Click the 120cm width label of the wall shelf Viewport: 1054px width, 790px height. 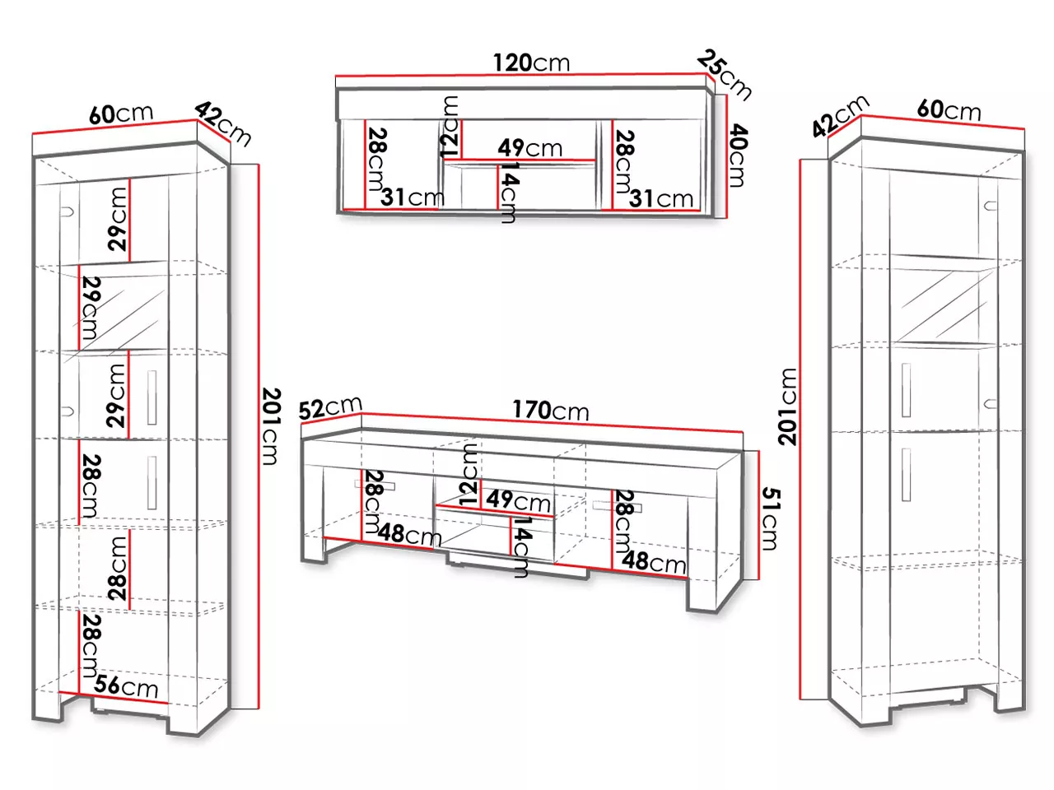tap(532, 63)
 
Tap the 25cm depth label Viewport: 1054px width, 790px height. tap(724, 76)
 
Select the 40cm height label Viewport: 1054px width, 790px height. tap(738, 155)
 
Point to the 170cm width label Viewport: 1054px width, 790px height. tap(550, 411)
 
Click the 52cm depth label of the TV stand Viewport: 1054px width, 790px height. tap(330, 408)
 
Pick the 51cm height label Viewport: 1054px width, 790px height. tap(770, 518)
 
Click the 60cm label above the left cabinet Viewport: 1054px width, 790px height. tap(121, 114)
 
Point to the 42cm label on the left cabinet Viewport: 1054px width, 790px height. tap(223, 125)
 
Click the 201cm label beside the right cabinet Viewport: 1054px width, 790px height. tap(788, 407)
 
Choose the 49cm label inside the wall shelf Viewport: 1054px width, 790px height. tap(529, 148)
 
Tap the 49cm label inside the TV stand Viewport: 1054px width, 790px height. tap(518, 501)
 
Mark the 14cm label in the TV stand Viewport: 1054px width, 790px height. tap(520, 547)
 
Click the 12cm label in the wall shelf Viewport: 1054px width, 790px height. tap(450, 127)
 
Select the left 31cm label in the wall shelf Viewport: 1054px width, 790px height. tap(413, 197)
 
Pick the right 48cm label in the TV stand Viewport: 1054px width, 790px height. tap(654, 562)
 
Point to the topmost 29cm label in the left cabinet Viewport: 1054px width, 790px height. tap(118, 219)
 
